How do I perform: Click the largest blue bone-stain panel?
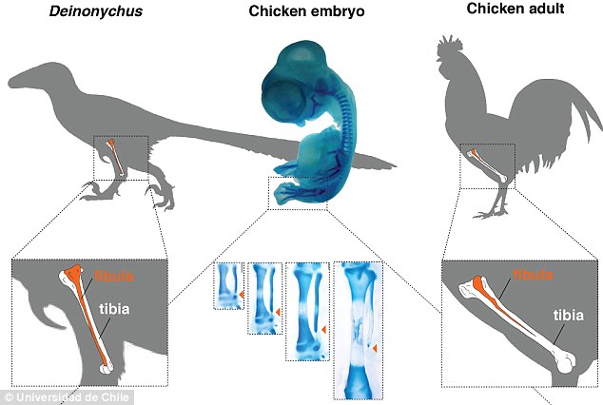click(358, 328)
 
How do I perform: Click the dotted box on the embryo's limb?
click(297, 191)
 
